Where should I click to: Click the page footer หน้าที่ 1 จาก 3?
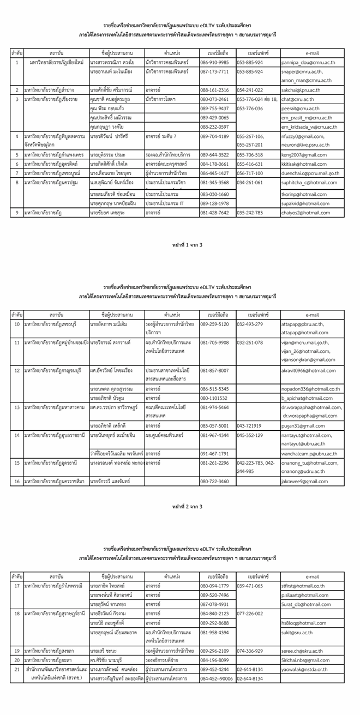[x=179, y=244]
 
